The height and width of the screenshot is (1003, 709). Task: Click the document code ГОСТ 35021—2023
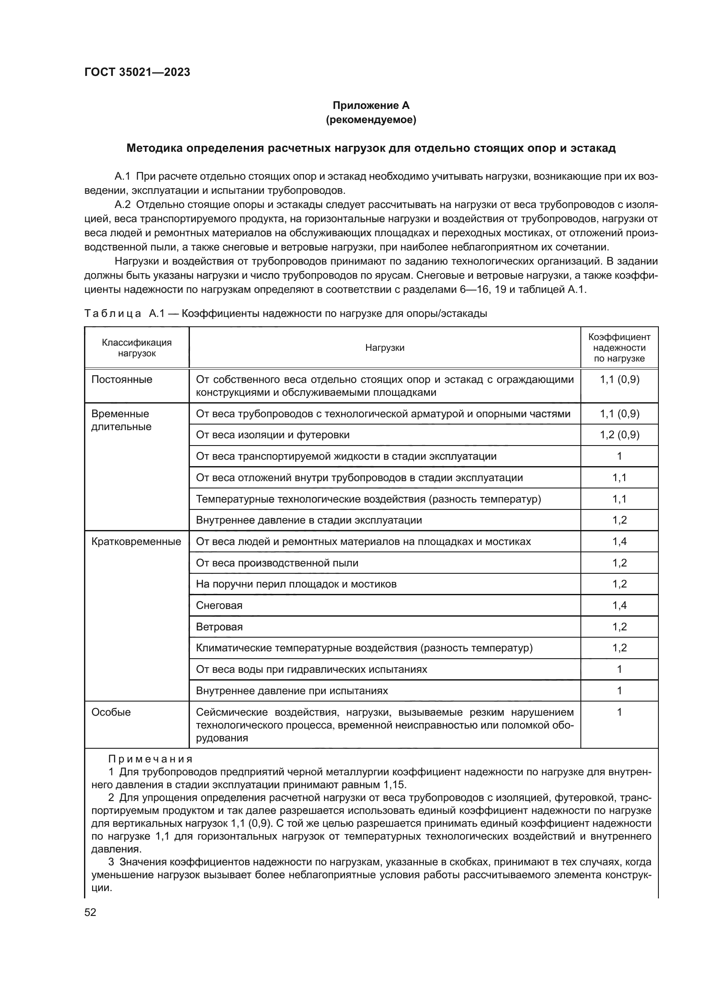tap(137, 72)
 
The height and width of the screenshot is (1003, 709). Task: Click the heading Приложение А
tap(371, 105)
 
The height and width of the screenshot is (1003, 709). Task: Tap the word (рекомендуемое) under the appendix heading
tap(371, 120)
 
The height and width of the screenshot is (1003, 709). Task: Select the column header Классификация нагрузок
tap(137, 348)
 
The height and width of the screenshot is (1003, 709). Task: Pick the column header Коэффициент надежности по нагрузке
tap(619, 348)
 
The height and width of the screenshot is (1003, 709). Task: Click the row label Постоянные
tap(122, 379)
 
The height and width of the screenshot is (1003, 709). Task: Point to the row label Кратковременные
tap(136, 542)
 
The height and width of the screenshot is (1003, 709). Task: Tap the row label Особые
tap(111, 712)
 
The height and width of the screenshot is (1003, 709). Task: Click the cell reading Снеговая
tap(219, 605)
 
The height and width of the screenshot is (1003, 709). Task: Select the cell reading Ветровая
tap(219, 627)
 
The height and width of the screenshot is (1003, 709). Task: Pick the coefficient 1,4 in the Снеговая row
tap(619, 605)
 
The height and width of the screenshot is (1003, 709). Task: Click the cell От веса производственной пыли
tap(277, 563)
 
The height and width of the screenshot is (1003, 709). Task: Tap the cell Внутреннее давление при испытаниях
tap(291, 691)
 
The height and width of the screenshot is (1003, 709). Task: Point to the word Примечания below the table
tap(150, 759)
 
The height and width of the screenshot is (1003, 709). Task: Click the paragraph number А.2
tap(122, 205)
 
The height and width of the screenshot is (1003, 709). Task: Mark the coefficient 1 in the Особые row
tap(619, 712)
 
